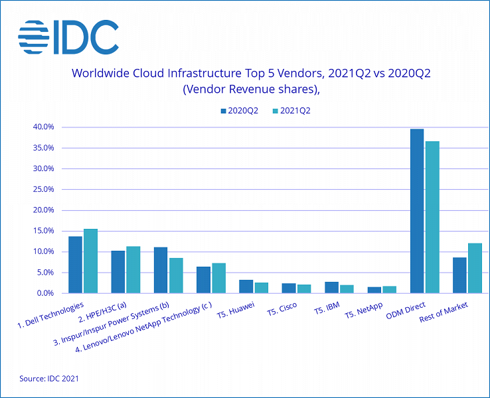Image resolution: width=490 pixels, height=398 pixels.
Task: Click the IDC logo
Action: [68, 36]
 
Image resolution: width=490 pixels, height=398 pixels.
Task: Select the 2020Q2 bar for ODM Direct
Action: [417, 211]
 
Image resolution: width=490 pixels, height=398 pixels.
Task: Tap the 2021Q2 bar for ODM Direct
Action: [432, 217]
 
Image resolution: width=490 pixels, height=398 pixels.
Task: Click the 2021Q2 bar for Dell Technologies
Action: [91, 261]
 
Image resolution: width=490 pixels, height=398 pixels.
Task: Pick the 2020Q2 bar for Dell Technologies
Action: [75, 265]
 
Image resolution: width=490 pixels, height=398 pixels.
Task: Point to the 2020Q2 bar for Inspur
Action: [161, 270]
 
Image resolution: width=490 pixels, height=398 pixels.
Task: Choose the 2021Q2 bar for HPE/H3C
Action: [133, 269]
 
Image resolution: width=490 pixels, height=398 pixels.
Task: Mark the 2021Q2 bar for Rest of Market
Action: [475, 268]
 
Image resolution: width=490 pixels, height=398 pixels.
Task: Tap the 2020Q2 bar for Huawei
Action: [246, 286]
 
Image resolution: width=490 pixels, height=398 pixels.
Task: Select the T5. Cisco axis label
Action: [282, 309]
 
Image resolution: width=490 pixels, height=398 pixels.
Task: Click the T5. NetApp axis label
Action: [363, 311]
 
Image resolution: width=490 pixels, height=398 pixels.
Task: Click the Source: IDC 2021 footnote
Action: [49, 378]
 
